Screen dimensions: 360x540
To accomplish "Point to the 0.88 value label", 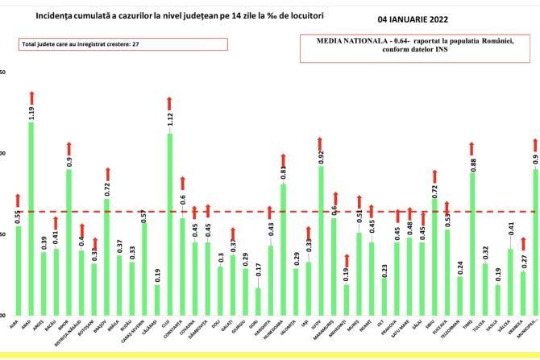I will [471, 159].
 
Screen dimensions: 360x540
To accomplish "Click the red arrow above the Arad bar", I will [31, 98].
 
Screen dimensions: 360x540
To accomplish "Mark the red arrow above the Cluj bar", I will [170, 103].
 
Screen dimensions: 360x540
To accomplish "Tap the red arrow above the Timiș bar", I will [471, 147].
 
